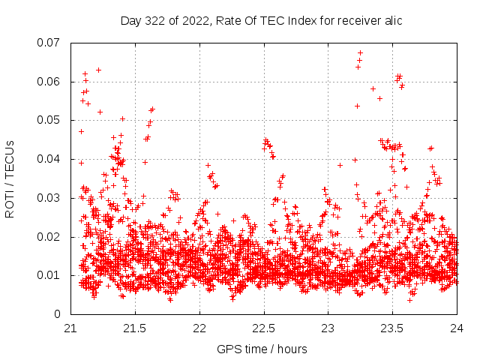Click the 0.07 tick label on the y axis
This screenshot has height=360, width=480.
tap(50, 43)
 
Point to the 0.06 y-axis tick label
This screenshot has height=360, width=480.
tap(50, 81)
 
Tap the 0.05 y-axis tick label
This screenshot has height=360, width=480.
tap(50, 120)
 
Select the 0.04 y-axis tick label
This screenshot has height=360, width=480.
tap(50, 159)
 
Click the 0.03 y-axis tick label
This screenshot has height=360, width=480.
tap(50, 198)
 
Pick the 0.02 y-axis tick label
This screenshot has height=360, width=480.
tap(50, 236)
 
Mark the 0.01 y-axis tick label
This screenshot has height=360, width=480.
tap(50, 275)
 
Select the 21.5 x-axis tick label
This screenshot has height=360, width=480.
tap(135, 329)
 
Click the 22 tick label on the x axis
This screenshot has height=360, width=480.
tap(199, 329)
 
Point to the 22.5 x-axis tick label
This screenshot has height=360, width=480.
tap(264, 329)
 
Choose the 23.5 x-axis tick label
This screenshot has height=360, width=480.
tap(393, 329)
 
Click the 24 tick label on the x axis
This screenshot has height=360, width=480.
tap(457, 329)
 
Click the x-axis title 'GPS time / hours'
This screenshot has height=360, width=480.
tap(262, 349)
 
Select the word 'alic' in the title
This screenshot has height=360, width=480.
tap(393, 21)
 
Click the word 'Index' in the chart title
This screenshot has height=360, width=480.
tap(300, 21)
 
